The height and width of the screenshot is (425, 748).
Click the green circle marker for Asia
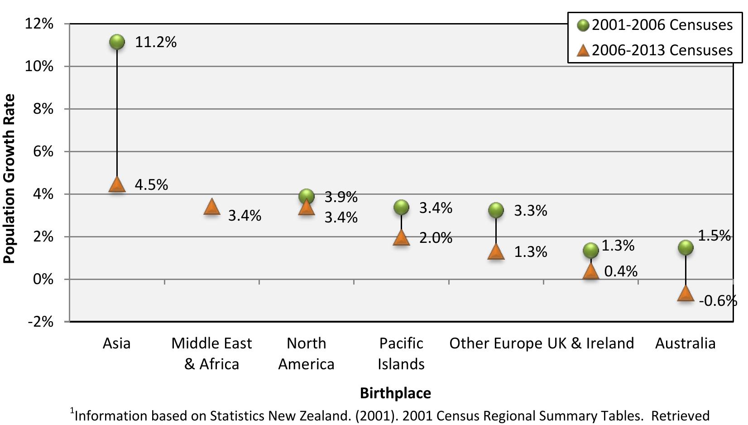pos(117,42)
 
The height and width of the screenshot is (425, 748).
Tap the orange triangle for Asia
pos(117,184)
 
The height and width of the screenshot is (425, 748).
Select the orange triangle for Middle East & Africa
pos(211,207)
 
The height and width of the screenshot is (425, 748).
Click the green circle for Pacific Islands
pos(401,208)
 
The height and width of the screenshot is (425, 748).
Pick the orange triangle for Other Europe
pos(496,252)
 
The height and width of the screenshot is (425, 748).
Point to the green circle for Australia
pos(686,247)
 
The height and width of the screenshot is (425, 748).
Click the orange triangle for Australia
pos(686,293)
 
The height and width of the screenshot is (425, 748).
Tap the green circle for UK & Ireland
pos(590,250)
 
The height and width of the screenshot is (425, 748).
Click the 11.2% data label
pos(156,42)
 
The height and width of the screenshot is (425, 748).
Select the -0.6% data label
pos(718,300)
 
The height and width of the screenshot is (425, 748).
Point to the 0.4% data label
pos(621,271)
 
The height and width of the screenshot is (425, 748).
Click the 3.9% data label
pos(341,197)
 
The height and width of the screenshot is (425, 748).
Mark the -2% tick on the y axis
pos(41,322)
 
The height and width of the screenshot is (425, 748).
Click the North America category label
pos(306,353)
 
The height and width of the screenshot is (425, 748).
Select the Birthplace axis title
pos(395,393)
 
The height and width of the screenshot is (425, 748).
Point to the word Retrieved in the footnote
pos(681,415)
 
